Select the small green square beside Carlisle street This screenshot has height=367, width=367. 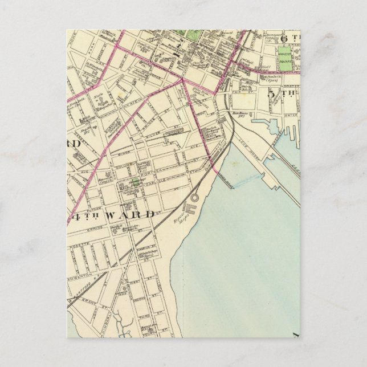pos(135,183)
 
